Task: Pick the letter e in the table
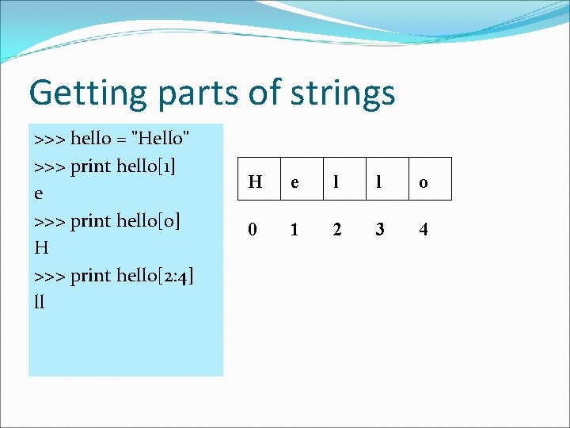[294, 182]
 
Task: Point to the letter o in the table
[424, 182]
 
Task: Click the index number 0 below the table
[253, 230]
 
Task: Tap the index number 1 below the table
[294, 230]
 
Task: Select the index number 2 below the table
[337, 230]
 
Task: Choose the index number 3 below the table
[380, 230]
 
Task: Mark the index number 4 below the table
[424, 230]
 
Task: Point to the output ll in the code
[40, 302]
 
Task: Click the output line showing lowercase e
[40, 194]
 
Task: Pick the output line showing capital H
[42, 248]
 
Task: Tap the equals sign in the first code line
[123, 140]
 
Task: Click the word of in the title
[260, 93]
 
